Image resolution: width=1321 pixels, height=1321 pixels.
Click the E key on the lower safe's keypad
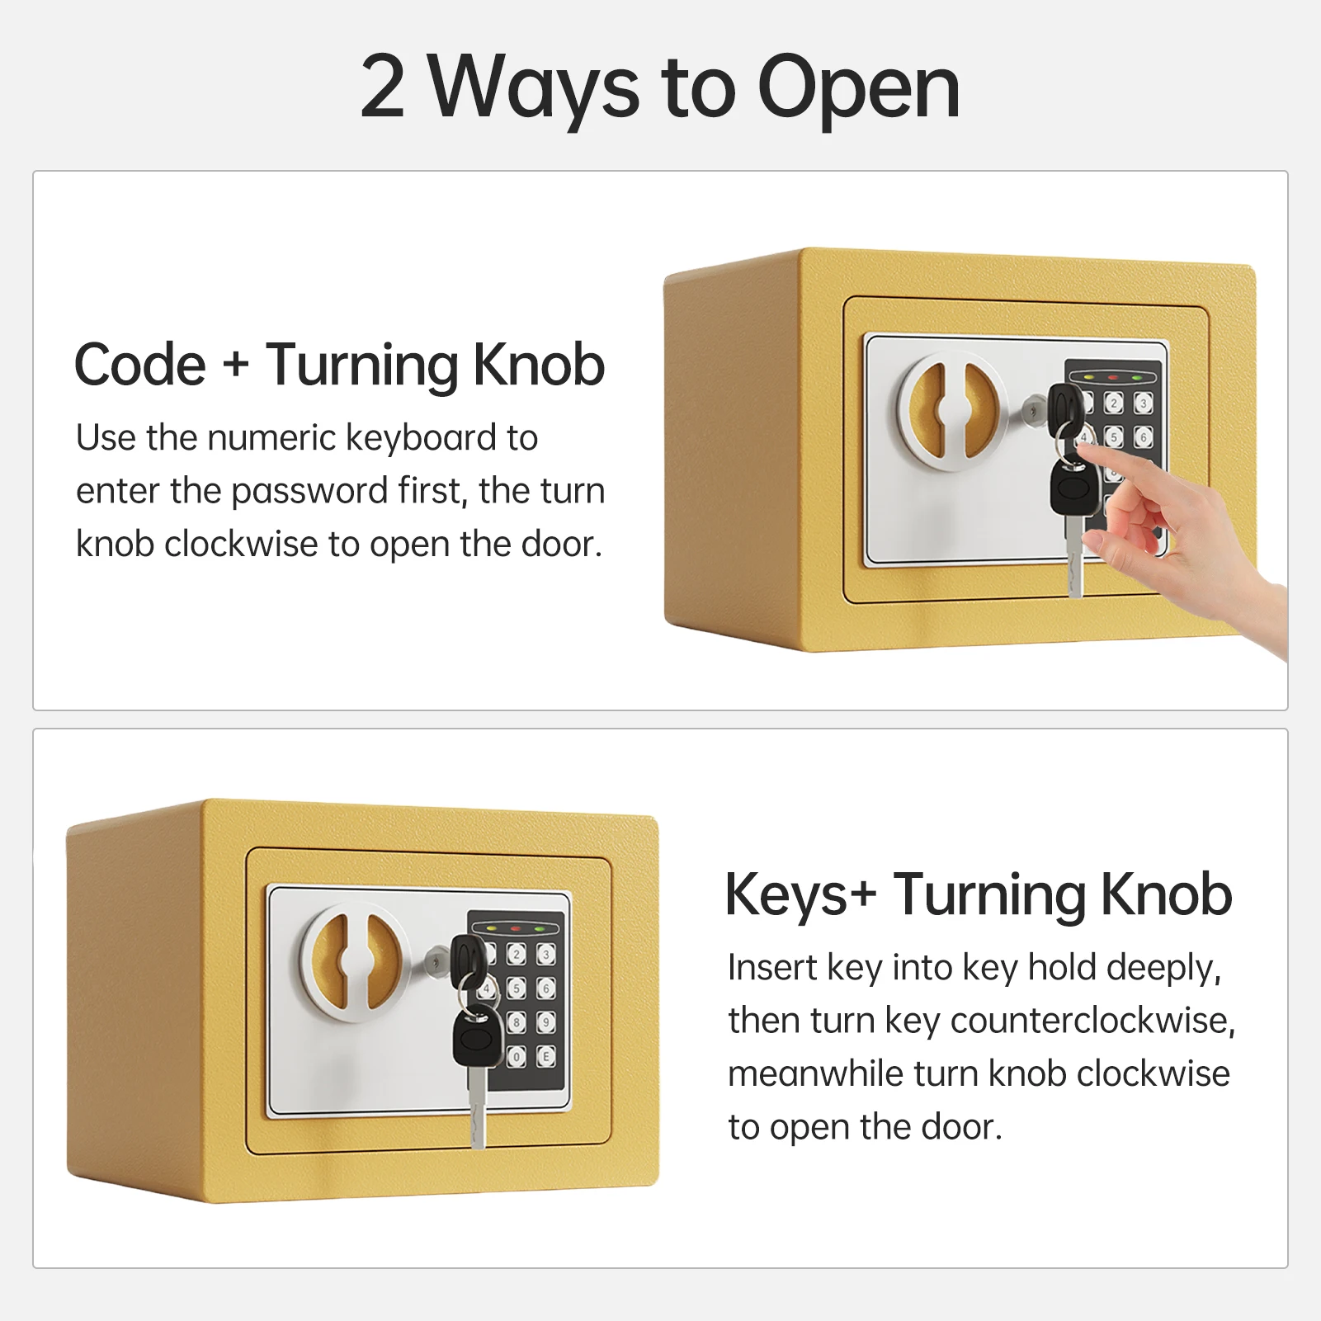(546, 1056)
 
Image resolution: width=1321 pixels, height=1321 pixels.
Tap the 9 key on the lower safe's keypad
(546, 1023)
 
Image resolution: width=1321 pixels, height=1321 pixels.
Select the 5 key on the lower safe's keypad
(517, 988)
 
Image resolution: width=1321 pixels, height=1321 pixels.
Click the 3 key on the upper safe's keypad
(1143, 403)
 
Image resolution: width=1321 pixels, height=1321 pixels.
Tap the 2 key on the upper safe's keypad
(1114, 403)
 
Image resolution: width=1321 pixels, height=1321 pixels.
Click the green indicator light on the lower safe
(540, 929)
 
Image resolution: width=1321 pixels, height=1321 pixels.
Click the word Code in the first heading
(140, 365)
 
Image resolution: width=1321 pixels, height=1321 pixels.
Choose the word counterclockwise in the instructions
(1092, 1021)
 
